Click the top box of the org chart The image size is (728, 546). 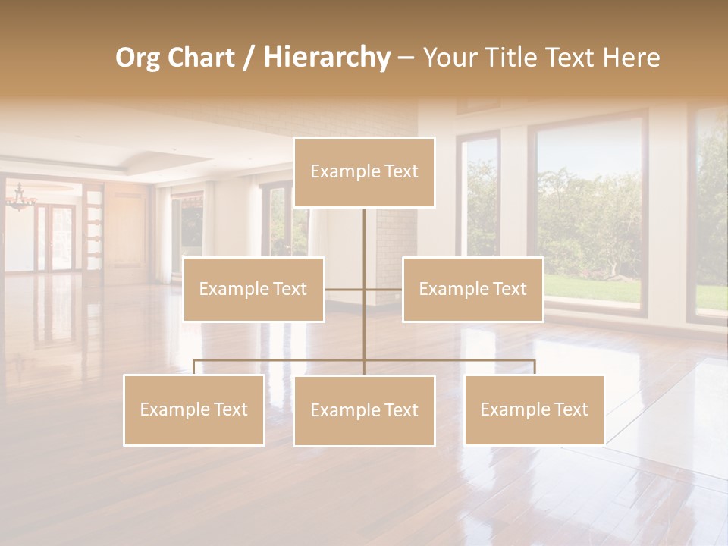364,172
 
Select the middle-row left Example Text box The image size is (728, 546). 253,289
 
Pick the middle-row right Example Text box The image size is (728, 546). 472,289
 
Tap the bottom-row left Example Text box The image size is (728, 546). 194,409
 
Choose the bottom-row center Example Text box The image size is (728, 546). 364,410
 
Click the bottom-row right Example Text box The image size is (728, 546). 534,409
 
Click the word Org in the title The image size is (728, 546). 137,58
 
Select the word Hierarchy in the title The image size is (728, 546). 326,58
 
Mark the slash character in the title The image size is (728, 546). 249,58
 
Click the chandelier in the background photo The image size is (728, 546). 20,199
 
